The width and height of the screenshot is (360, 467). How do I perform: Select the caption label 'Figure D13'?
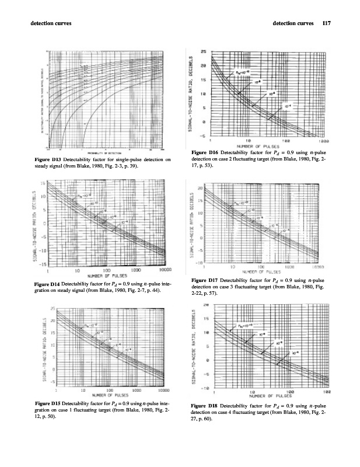click(48, 159)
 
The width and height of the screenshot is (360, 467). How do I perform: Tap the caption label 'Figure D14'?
click(48, 284)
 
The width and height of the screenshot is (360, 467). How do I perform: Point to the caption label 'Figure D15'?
click(48, 404)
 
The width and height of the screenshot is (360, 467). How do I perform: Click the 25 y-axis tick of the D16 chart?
click(203, 51)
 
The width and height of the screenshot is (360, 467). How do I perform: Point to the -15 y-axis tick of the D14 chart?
click(42, 264)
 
